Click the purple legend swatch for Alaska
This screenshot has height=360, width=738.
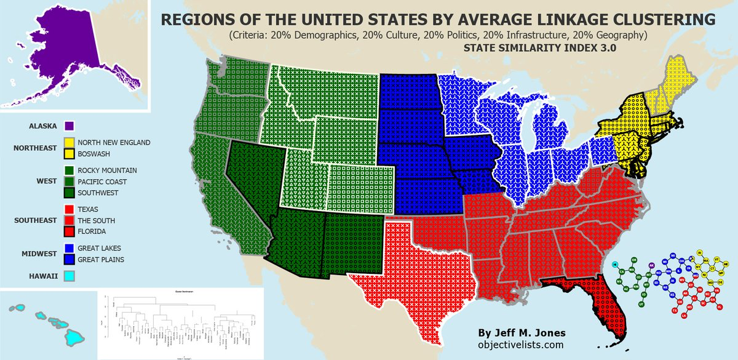tap(69, 126)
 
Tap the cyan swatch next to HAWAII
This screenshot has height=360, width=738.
tap(69, 276)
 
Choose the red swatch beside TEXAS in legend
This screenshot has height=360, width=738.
tap(69, 209)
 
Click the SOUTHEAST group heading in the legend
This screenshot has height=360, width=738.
tap(34, 220)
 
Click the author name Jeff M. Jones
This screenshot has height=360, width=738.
tap(521, 332)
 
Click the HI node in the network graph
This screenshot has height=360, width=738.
tap(615, 265)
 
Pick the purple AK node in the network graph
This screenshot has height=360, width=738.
tap(651, 266)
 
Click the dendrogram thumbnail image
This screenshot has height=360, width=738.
tap(181, 322)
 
